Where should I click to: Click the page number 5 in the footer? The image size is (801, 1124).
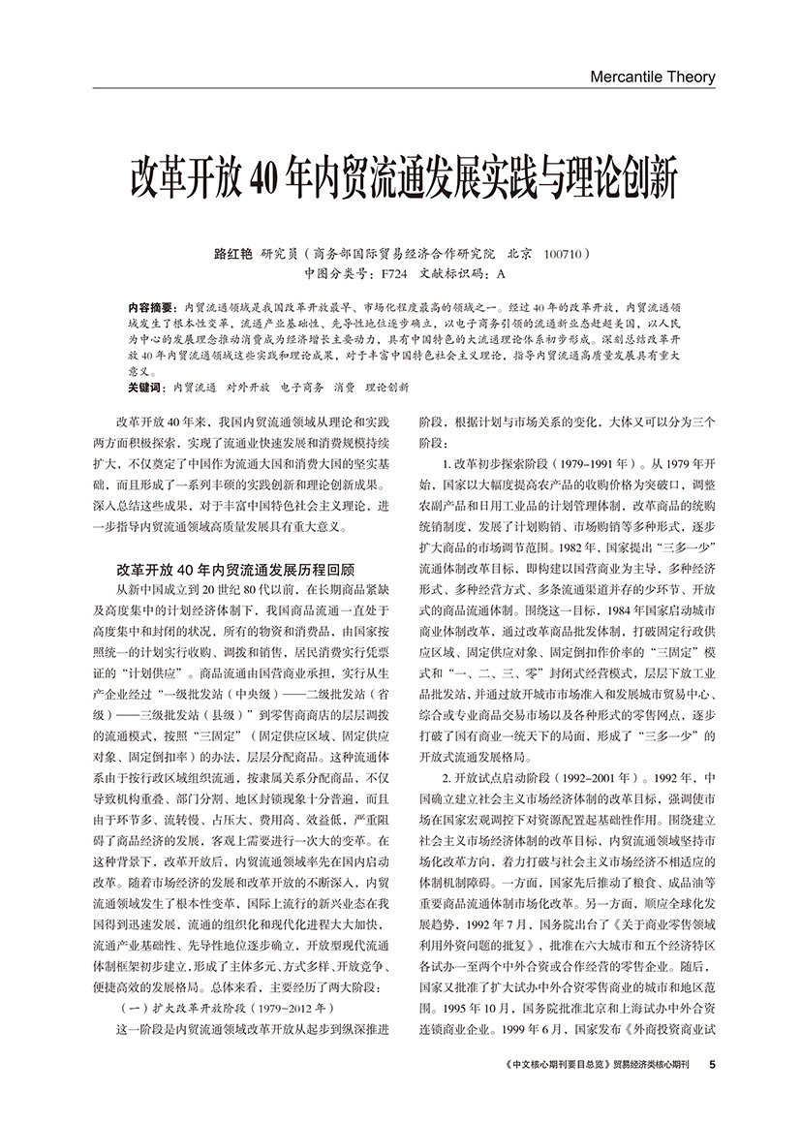pos(712,1064)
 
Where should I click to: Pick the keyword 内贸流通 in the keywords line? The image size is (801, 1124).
pos(194,387)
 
